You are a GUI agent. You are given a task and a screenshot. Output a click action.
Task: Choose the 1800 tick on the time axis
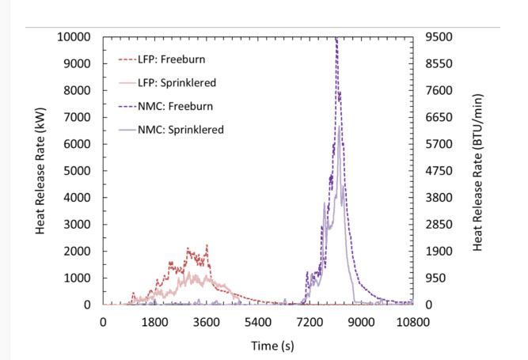point(155,322)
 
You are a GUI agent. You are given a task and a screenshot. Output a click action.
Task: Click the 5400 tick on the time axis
point(259,322)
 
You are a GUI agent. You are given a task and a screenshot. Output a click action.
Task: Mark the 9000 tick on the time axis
point(362,322)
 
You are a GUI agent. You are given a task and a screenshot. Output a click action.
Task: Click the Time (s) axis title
point(257,345)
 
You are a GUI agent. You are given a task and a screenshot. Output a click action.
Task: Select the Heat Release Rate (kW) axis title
point(40,171)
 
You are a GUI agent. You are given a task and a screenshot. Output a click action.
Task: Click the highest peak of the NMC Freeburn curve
point(336,38)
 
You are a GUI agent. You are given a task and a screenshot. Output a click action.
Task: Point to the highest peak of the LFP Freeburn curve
point(207,245)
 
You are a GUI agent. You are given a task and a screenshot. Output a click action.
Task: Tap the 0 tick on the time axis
point(103,322)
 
